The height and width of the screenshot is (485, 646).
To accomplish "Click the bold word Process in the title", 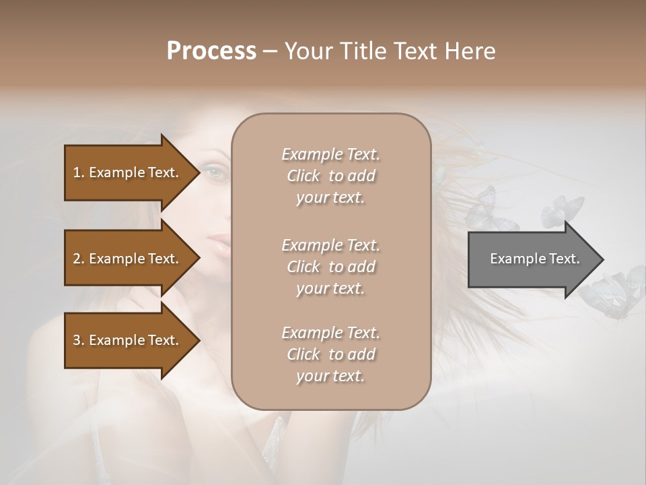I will pos(211,51).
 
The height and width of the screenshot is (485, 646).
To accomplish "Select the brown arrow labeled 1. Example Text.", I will pos(128,172).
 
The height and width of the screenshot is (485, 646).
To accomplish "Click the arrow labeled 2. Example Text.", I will pos(128,259).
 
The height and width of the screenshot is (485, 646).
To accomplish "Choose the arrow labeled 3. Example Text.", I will pos(128,340).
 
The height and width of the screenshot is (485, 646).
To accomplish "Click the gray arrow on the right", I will pos(532,259).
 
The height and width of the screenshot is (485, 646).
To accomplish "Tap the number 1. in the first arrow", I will pos(79,172).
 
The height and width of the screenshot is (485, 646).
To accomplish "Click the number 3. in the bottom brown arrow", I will pos(79,340).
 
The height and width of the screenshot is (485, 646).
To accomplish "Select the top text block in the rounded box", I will pos(330,176).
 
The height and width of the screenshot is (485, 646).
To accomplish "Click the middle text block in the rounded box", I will pos(330,267).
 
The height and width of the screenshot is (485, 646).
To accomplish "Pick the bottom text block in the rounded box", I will pos(330,354).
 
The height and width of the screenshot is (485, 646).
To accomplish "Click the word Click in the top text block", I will pos(303,176).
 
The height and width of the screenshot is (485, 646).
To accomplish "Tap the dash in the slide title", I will pos(270,51).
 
